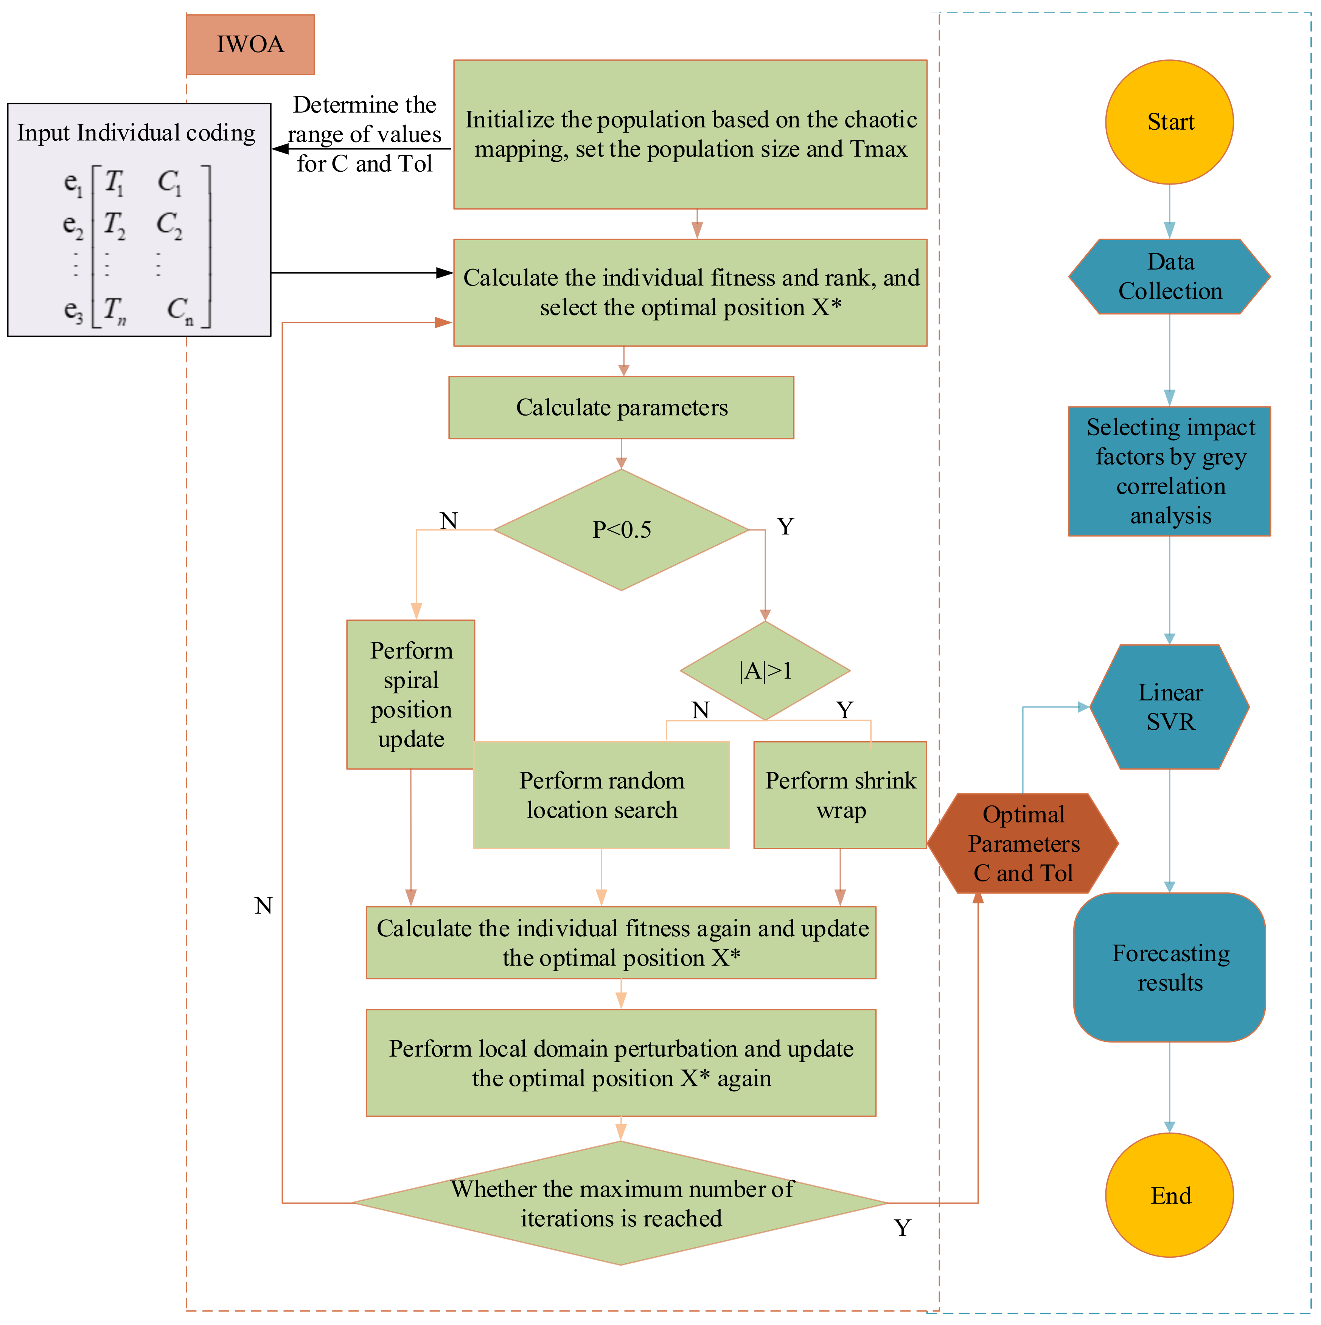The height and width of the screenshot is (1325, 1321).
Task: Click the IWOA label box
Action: pos(250,45)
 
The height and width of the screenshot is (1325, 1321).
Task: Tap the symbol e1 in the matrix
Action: pos(73,183)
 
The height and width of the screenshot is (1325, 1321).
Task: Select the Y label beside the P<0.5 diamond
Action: pos(785,527)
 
